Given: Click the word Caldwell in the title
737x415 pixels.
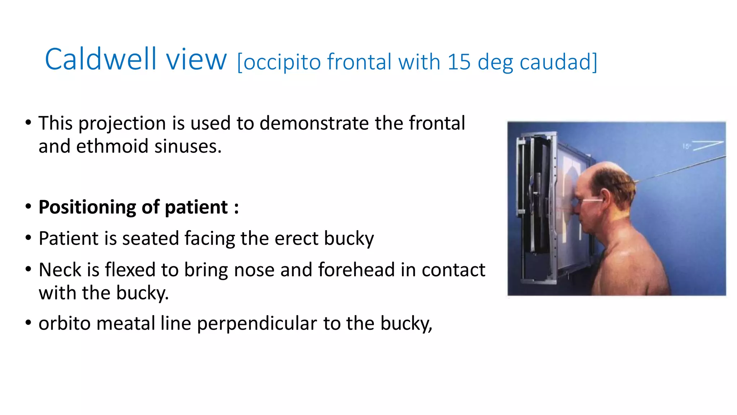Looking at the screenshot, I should coord(101,59).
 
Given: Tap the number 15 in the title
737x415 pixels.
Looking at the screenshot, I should coord(459,62).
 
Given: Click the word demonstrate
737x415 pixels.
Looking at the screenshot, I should coord(314,123).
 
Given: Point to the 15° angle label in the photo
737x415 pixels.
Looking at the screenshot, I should coord(686,146).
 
